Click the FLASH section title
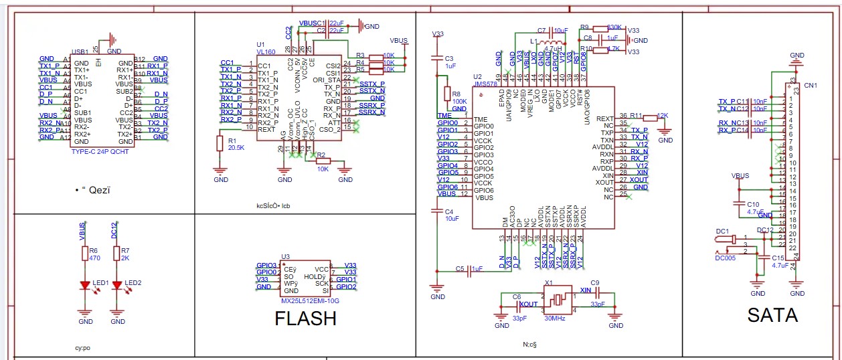[305, 318]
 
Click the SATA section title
[772, 316]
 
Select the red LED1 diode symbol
[85, 284]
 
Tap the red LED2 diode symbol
[118, 284]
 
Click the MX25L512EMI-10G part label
[310, 301]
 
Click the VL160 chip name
[266, 51]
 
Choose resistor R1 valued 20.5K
[219, 143]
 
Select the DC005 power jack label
[725, 257]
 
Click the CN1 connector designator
[811, 86]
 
